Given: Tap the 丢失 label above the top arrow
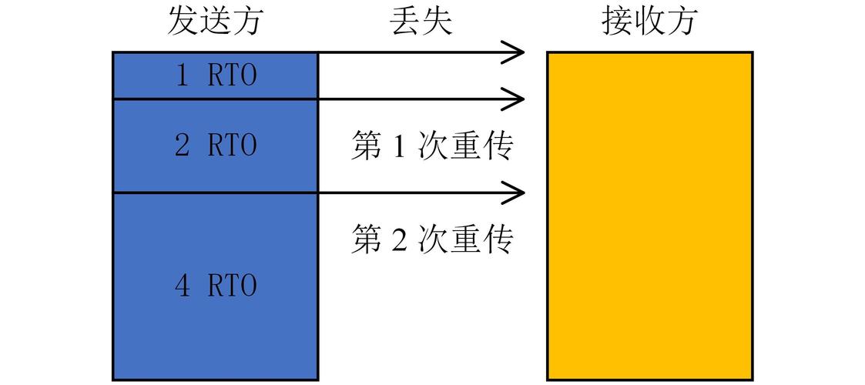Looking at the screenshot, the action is point(421,22).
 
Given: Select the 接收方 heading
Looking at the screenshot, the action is point(650,22).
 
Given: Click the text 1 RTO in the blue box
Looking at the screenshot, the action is point(216,75).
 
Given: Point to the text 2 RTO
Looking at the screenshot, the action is point(216,146).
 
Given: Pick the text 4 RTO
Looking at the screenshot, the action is point(216,286).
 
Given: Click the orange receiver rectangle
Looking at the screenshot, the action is point(650,216).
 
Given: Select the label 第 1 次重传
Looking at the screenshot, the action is point(433,146).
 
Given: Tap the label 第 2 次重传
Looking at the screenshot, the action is point(433,239).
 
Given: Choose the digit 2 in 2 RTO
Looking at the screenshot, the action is point(182,146).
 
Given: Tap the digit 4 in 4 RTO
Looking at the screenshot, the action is point(183,286).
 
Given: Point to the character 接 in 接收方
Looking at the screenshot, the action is point(617,22).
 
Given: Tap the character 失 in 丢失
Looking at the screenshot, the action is point(437,22).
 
